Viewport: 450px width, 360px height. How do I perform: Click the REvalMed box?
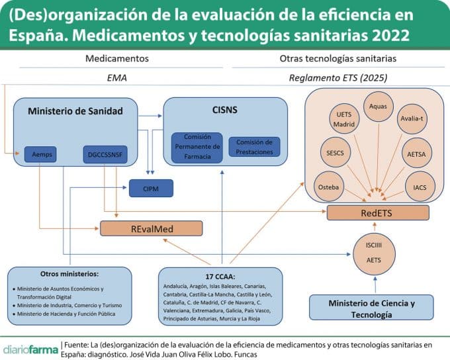[150, 228]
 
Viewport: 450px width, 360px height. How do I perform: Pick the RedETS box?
[379, 213]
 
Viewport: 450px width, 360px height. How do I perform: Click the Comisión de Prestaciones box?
[254, 147]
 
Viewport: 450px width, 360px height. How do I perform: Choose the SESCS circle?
[335, 151]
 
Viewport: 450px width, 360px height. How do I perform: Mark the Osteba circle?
[328, 187]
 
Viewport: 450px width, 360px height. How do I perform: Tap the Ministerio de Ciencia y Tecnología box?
[372, 308]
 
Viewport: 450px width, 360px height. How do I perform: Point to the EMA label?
[116, 78]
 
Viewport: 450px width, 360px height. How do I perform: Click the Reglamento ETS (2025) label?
[338, 78]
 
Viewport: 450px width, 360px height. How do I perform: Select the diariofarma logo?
[30, 348]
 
